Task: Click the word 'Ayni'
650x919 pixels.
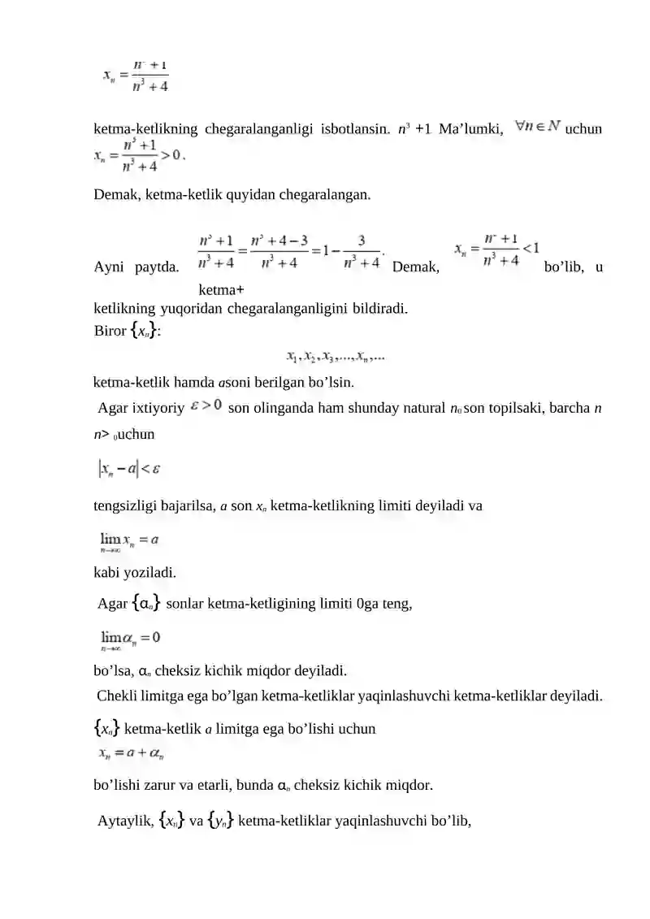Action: (x=111, y=267)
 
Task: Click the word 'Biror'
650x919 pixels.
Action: (x=110, y=331)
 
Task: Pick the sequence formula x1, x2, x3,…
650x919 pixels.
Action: (x=336, y=355)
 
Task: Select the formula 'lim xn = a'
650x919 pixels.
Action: (x=128, y=540)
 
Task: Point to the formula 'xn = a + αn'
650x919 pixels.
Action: (x=132, y=753)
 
